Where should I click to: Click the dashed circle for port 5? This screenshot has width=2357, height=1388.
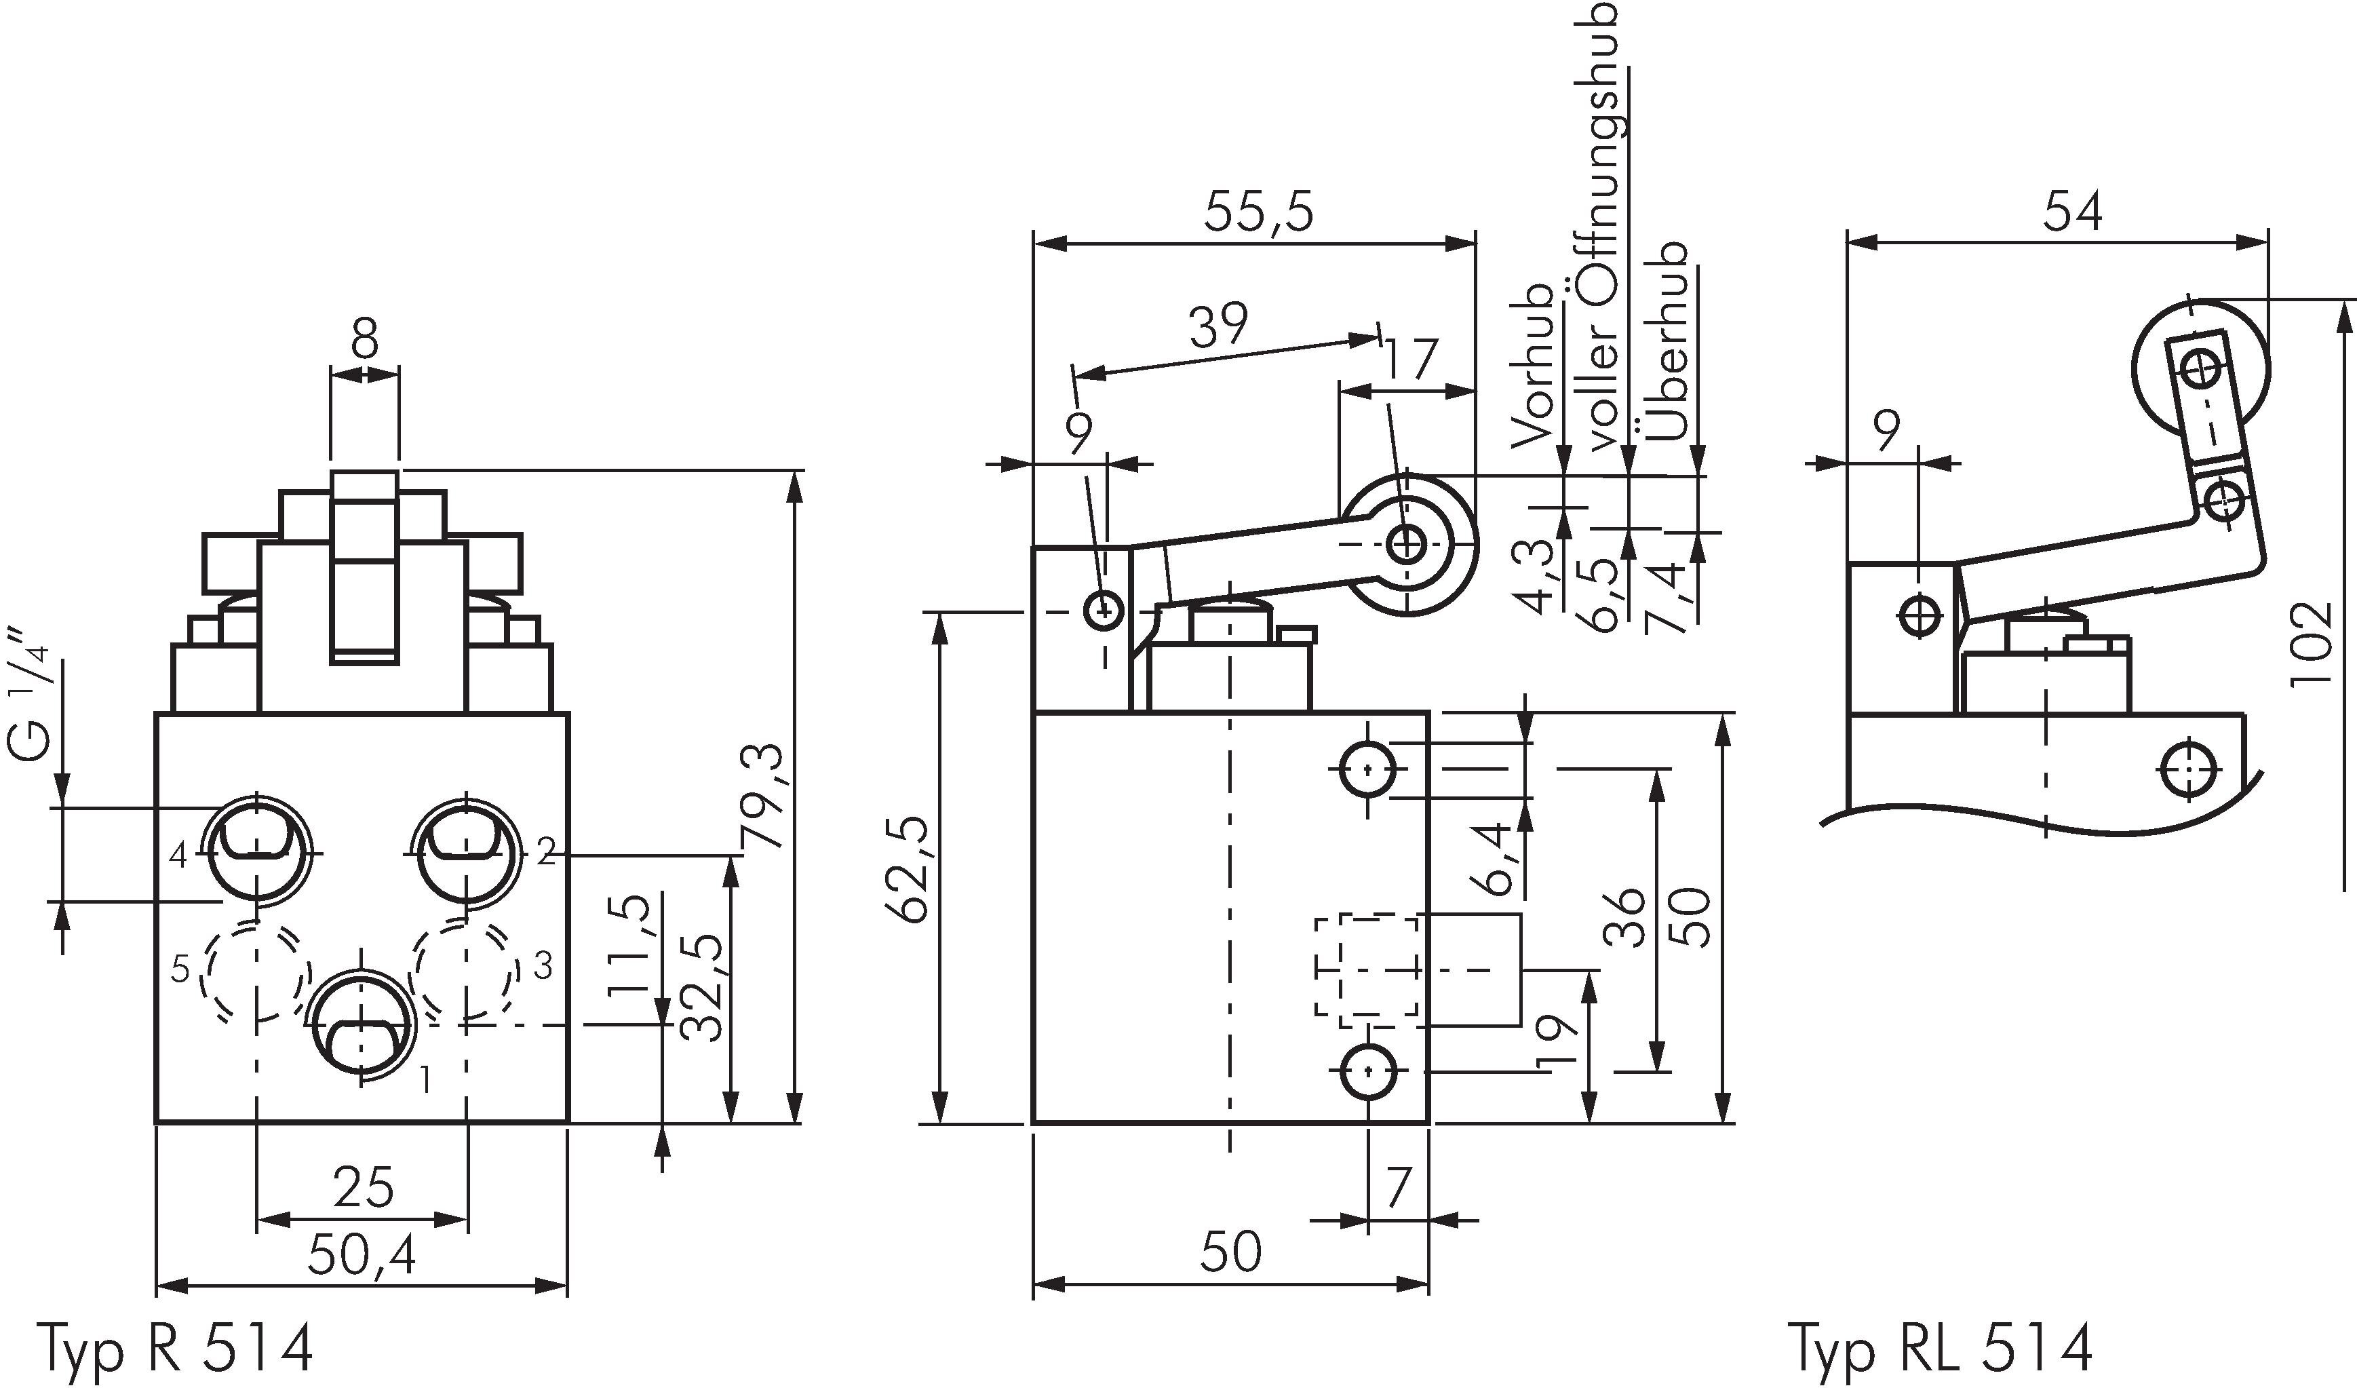pyautogui.click(x=256, y=971)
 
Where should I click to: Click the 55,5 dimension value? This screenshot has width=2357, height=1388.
pyautogui.click(x=1258, y=212)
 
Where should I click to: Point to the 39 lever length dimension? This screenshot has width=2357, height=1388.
pyautogui.click(x=1219, y=324)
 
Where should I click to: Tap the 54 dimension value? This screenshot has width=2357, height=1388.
pyautogui.click(x=2071, y=212)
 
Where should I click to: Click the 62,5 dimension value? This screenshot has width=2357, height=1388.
pyautogui.click(x=909, y=869)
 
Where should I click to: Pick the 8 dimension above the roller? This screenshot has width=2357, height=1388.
pyautogui.click(x=365, y=339)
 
